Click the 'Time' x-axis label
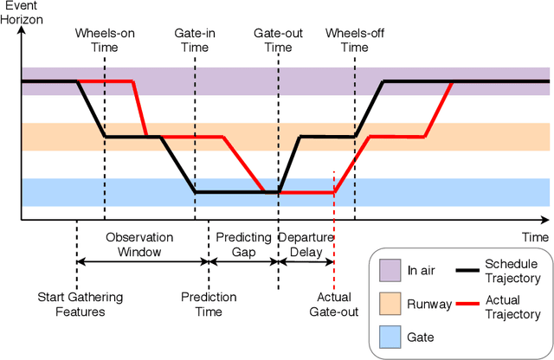[x=534, y=236]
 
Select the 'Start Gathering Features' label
[x=80, y=305]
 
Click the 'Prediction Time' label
[x=209, y=305]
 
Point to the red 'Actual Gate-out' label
[x=332, y=305]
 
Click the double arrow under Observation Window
[x=143, y=262]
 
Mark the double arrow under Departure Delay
[x=306, y=262]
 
